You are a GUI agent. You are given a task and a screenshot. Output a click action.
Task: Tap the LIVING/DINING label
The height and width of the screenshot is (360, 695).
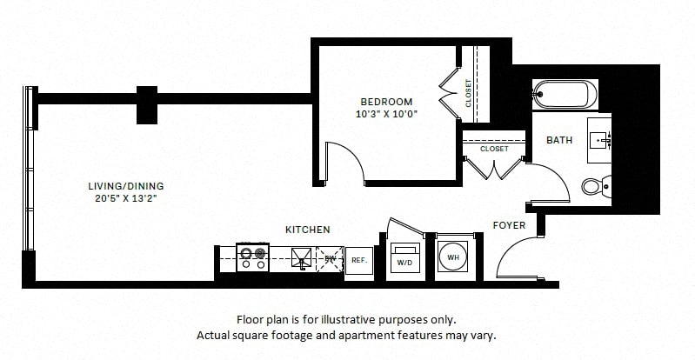(x=126, y=186)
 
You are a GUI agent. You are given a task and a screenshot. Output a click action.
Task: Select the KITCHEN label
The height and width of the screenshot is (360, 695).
(x=307, y=230)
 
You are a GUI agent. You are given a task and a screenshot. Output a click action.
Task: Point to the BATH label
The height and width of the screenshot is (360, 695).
(x=558, y=140)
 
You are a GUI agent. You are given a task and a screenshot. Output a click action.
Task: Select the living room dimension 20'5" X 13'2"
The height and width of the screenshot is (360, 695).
(x=127, y=198)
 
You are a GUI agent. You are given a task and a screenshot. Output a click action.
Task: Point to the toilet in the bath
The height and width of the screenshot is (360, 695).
(x=594, y=185)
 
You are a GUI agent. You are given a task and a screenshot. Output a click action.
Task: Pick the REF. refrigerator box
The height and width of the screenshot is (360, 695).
(x=358, y=259)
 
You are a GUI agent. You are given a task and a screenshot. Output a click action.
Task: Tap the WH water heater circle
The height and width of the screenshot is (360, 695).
(x=453, y=258)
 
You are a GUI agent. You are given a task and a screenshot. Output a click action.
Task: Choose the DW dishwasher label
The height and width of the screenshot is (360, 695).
(x=331, y=257)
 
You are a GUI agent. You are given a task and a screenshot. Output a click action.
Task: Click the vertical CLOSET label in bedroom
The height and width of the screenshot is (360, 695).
(x=469, y=93)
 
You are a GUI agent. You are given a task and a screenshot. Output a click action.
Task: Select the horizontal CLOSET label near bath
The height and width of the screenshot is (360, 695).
(x=494, y=149)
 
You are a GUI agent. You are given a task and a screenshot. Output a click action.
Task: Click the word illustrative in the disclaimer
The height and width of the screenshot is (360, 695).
(x=358, y=319)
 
